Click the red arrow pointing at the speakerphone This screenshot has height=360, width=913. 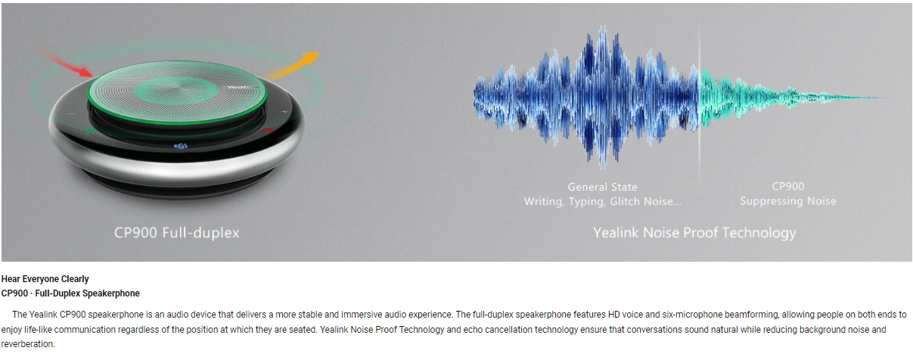tap(67, 62)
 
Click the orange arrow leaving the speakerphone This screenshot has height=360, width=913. tap(293, 66)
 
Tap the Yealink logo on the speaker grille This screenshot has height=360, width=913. tap(242, 87)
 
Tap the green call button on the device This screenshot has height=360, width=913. tap(91, 132)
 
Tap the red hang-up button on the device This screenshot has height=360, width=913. tap(268, 131)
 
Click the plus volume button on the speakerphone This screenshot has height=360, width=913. tap(284, 111)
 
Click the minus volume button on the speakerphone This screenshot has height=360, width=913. tap(72, 113)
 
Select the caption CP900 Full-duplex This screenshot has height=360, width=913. tap(176, 233)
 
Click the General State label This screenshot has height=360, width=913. tap(602, 187)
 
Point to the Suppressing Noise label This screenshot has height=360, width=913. tap(788, 201)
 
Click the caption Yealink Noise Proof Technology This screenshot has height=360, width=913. tap(694, 233)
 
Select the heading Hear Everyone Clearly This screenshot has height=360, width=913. tap(45, 279)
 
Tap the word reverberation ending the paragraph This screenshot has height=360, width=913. tap(27, 344)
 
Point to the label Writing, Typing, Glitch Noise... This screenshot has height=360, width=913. tap(602, 201)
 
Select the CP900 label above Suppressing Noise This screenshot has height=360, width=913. tap(788, 186)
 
